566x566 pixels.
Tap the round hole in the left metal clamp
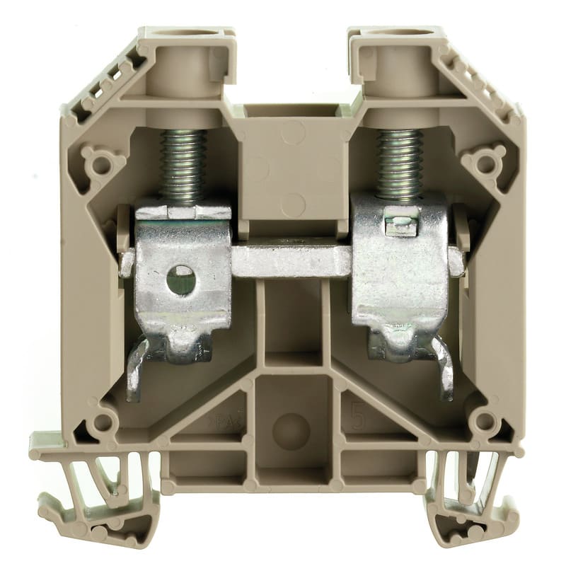pos(181,279)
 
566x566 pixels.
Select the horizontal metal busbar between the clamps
pos(290,261)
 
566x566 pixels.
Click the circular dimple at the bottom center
pos(290,431)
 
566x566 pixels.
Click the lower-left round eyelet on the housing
pos(103,423)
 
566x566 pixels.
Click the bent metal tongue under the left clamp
pos(139,368)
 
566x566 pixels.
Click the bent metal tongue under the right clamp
pos(443,368)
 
